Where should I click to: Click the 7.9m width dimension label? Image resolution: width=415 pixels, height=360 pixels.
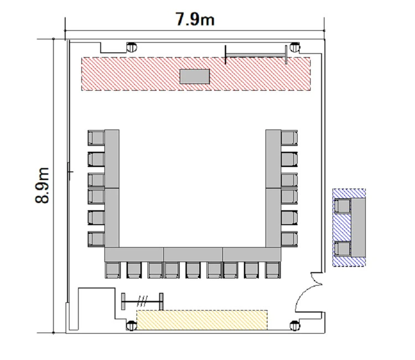pos(195,19)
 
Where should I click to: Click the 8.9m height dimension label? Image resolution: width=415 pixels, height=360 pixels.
pos(42,185)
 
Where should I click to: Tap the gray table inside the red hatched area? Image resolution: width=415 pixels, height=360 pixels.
pos(195,76)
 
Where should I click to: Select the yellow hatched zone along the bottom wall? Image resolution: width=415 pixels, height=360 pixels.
pos(202,320)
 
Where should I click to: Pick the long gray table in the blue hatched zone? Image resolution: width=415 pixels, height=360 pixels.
pos(359,228)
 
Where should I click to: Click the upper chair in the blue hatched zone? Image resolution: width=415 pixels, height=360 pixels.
pos(343,206)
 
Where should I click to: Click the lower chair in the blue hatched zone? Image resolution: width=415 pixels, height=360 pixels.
pos(343,249)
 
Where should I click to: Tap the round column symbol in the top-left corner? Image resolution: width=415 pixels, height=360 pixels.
pos(132,48)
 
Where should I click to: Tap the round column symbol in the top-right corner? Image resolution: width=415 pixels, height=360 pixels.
pos(295,48)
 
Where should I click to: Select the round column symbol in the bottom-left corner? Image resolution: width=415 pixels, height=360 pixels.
pos(132,326)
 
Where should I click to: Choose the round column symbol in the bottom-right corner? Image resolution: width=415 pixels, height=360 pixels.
pos(295,326)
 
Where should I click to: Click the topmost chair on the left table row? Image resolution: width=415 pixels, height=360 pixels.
pos(96,138)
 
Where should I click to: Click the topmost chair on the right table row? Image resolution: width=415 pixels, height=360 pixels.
pos(289,138)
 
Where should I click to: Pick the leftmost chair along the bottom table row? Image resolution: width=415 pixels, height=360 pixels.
pos(113,270)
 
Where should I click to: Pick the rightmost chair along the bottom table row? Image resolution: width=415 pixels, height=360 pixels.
pos(273,270)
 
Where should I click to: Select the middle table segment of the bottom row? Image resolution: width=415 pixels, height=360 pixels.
pos(193,254)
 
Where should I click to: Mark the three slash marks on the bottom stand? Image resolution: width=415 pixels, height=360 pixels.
pos(142,301)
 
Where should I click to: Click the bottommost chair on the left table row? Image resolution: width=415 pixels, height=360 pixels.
pos(96,239)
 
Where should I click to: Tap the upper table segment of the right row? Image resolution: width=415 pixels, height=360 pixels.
pos(273,159)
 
